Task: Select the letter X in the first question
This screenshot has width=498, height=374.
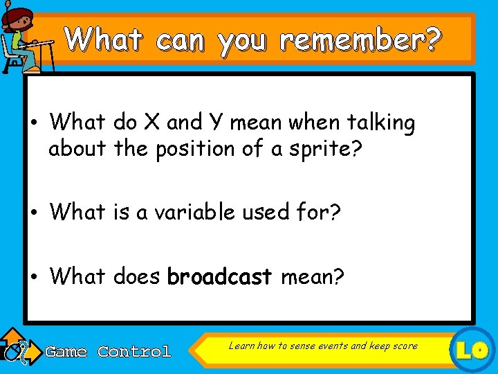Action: click(x=151, y=123)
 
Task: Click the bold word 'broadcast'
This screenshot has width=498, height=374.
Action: click(x=219, y=276)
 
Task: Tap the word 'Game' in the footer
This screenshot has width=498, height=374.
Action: click(x=66, y=352)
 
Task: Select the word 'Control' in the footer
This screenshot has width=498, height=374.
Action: click(x=134, y=352)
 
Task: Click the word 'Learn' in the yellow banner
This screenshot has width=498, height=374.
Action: click(x=241, y=346)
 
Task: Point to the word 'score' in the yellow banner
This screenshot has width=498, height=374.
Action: click(x=405, y=346)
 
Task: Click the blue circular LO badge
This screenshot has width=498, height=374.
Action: click(x=473, y=350)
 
